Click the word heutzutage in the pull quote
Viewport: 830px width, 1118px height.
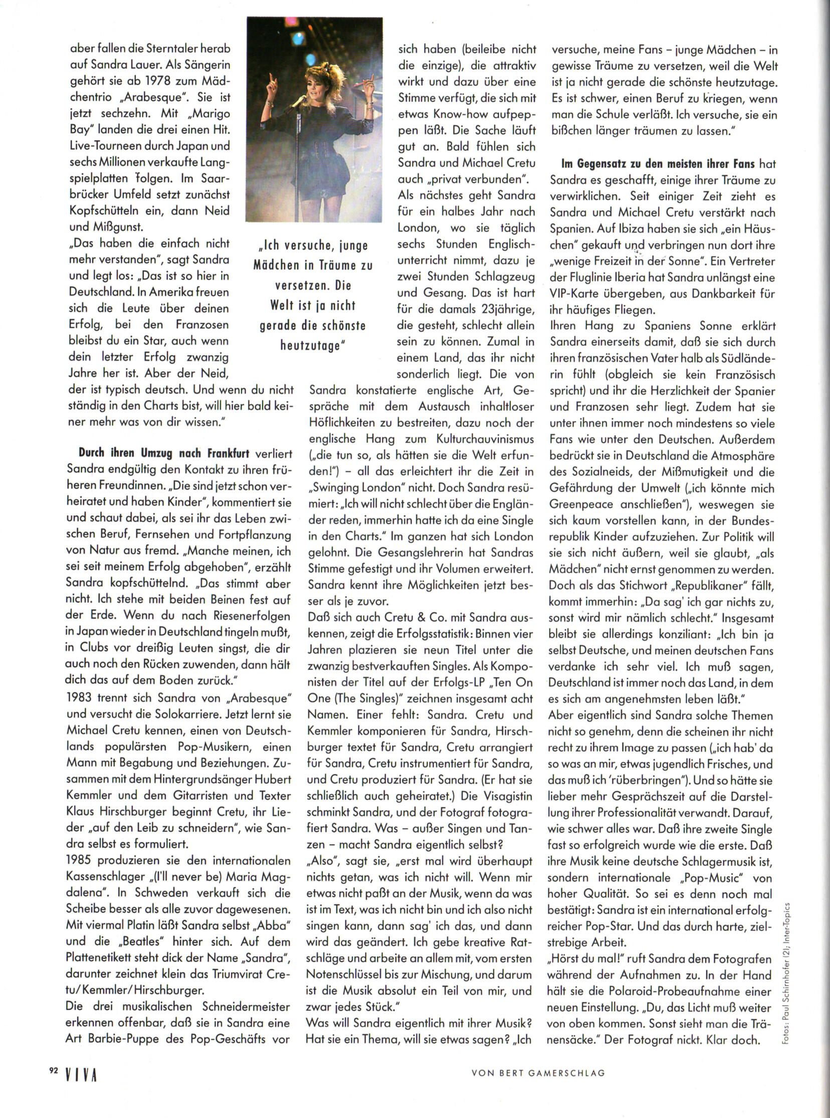(x=309, y=346)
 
